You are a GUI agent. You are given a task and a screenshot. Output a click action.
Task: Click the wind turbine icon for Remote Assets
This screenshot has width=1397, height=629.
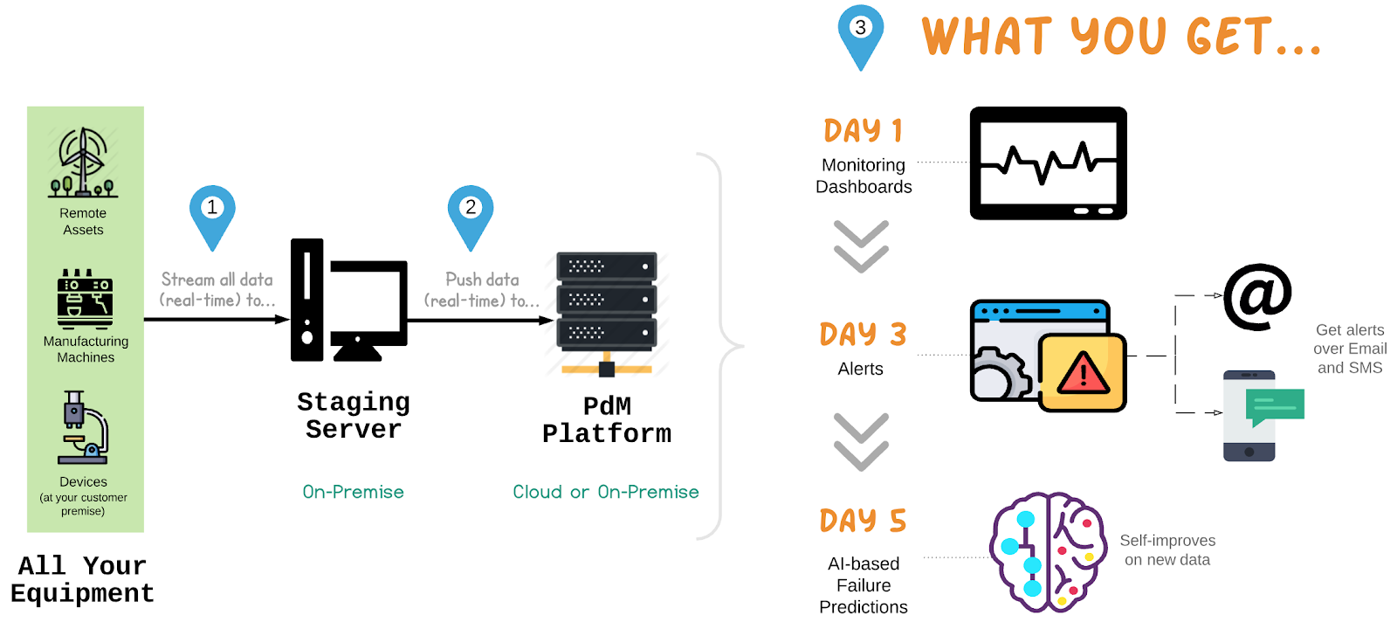[83, 162]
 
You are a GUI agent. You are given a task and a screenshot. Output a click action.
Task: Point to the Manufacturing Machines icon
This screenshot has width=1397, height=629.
[85, 298]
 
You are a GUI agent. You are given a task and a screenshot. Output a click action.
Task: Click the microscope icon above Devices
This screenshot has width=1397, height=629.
[84, 427]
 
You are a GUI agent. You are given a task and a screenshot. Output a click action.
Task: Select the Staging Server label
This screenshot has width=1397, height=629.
[354, 416]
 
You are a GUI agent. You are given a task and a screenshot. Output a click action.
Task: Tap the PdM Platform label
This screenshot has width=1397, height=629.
[607, 420]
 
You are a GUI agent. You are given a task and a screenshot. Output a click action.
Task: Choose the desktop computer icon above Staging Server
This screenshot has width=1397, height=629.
[349, 300]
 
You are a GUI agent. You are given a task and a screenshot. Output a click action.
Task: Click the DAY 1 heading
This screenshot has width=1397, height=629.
[863, 131]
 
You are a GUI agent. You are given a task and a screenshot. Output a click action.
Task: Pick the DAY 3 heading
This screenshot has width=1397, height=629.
[863, 335]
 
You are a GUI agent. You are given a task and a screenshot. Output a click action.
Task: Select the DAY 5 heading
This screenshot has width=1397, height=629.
[863, 521]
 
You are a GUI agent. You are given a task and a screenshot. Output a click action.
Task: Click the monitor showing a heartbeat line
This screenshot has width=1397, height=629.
[1048, 163]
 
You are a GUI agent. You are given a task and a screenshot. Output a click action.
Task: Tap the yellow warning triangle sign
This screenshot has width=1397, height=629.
[1083, 373]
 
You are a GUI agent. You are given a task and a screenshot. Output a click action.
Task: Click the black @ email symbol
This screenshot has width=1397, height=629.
[1257, 296]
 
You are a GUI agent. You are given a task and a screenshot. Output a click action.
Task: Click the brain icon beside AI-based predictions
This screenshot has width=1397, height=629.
[1048, 551]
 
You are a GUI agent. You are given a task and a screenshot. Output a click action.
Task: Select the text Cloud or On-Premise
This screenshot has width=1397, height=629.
[606, 492]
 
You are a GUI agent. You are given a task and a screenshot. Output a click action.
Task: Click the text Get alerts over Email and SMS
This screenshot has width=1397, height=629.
[1350, 349]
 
